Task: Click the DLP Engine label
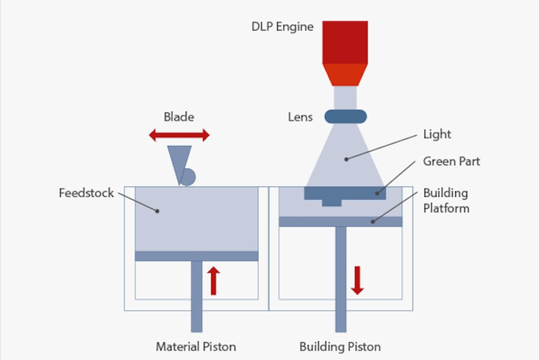[282, 27]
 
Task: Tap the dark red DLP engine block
[345, 42]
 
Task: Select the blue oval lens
[346, 116]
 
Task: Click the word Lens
[300, 117]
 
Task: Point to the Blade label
[179, 117]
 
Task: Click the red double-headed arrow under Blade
[179, 135]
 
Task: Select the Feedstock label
[86, 194]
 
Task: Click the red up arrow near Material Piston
[214, 281]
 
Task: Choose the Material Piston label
[196, 346]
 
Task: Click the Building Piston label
[340, 346]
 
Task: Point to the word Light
[437, 135]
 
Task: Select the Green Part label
[451, 161]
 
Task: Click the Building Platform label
[446, 201]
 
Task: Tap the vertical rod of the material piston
[196, 298]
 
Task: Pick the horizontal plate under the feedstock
[196, 256]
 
